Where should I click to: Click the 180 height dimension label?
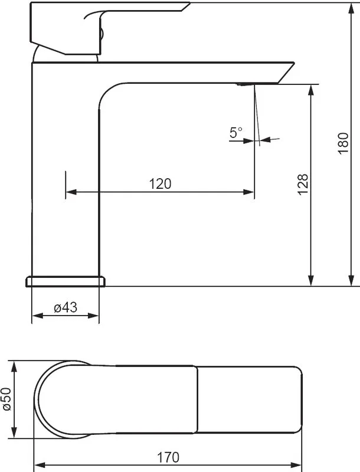click(x=343, y=143)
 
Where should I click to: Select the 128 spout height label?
click(x=303, y=185)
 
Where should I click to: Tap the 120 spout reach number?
click(x=160, y=183)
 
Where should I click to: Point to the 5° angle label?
click(x=235, y=132)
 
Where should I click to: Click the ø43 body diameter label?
click(x=66, y=307)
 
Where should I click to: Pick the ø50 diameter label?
click(x=6, y=399)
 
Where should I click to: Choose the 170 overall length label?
click(x=168, y=458)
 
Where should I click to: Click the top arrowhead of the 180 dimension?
click(x=351, y=8)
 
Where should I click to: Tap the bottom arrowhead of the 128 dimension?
click(x=311, y=280)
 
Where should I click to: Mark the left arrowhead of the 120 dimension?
click(x=71, y=192)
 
